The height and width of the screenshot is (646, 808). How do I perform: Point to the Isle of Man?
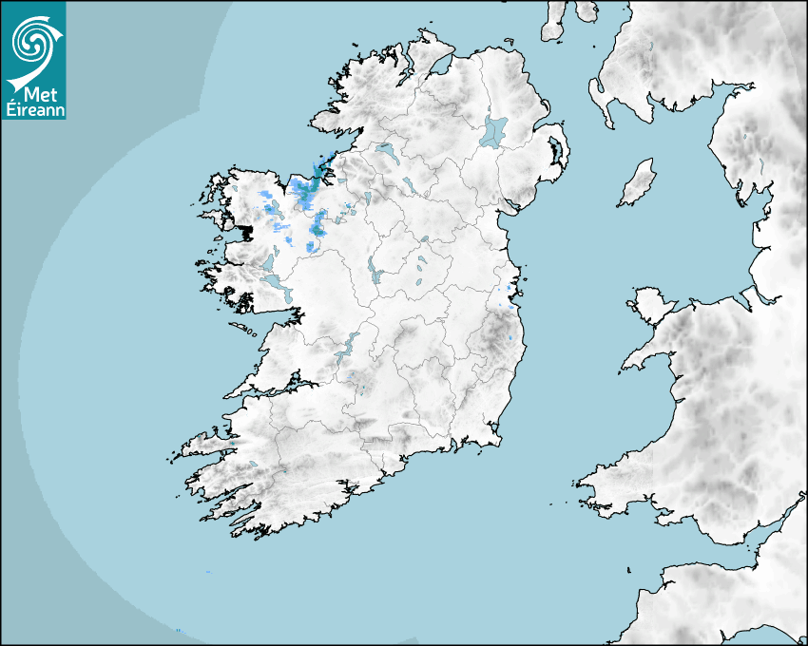tap(638, 182)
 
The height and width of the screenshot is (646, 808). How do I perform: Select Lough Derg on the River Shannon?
tap(345, 347)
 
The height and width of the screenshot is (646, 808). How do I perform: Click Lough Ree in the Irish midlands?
tap(376, 275)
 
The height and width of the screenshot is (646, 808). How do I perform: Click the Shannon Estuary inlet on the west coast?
tap(276, 389)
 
